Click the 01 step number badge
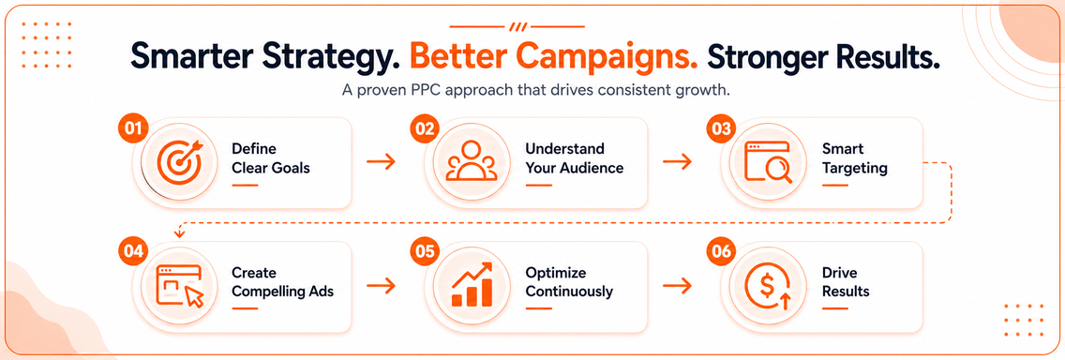(132, 129)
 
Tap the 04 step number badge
(132, 250)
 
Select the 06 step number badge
(720, 250)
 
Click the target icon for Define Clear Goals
(179, 161)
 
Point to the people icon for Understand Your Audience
(471, 161)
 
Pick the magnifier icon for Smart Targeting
(768, 161)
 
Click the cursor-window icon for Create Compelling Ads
(180, 286)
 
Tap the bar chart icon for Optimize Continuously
(472, 285)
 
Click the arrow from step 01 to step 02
(381, 161)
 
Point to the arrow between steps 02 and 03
(677, 161)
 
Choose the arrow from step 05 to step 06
(677, 285)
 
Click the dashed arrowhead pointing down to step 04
(179, 234)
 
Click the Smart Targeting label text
(854, 158)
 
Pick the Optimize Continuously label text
(569, 282)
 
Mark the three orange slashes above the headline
(517, 27)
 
